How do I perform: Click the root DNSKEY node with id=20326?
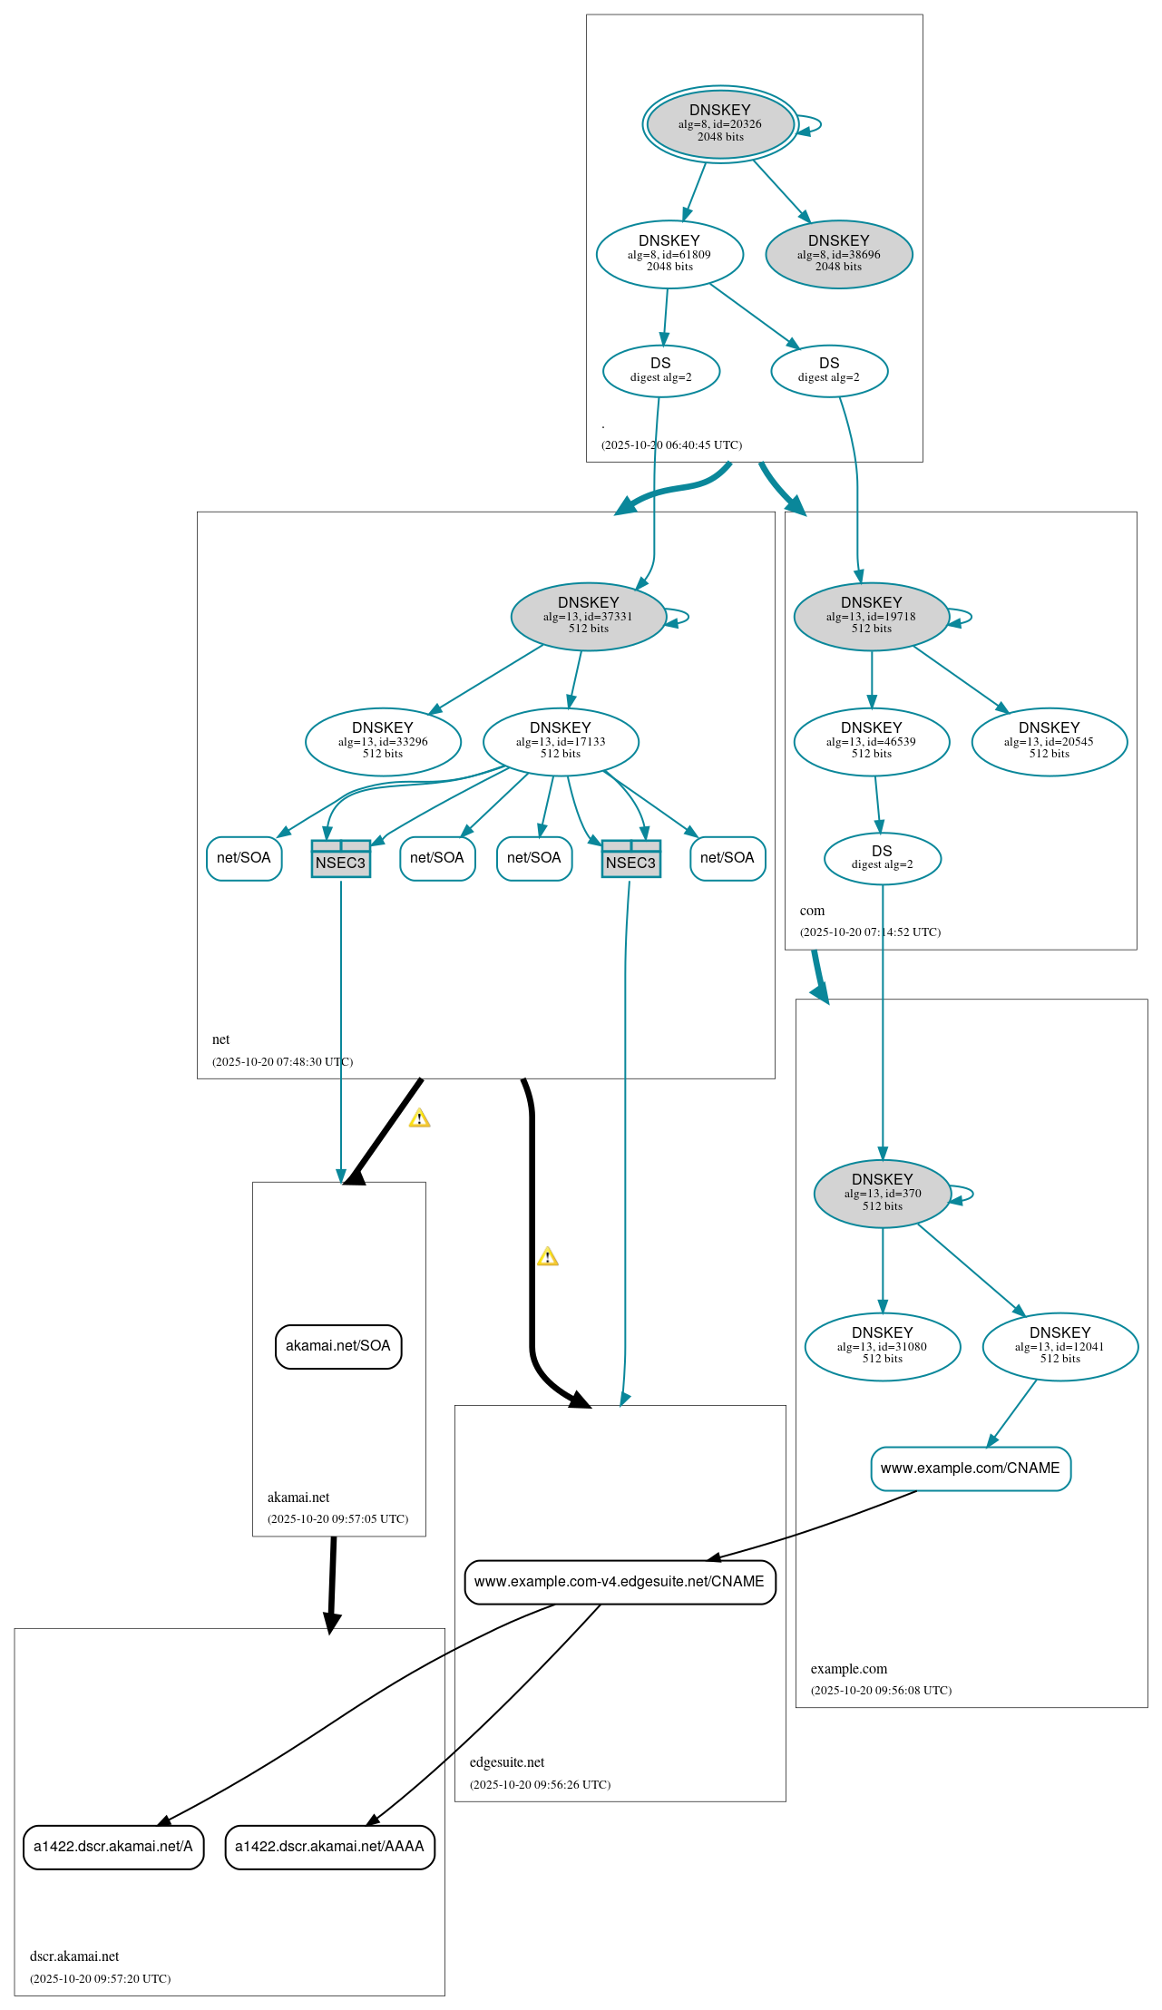click(x=720, y=124)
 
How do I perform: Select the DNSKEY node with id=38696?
click(x=839, y=254)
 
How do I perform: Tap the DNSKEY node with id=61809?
click(x=669, y=254)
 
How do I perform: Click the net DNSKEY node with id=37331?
click(x=589, y=616)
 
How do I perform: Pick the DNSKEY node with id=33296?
click(x=383, y=741)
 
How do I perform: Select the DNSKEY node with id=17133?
click(x=561, y=741)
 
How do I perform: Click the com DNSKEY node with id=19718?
click(x=871, y=616)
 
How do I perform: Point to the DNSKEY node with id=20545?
click(x=1049, y=741)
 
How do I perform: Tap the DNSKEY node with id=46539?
click(x=871, y=741)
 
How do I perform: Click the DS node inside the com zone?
click(x=882, y=857)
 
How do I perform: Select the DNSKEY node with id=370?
click(x=882, y=1193)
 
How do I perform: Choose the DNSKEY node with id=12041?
click(x=1059, y=1346)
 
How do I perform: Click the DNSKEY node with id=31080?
click(x=882, y=1346)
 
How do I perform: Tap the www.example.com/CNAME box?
click(x=971, y=1468)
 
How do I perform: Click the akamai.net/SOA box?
click(x=338, y=1346)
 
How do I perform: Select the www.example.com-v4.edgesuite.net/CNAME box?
click(x=620, y=1581)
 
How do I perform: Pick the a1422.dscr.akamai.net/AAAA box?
click(x=329, y=1846)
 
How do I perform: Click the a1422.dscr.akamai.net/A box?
click(x=113, y=1846)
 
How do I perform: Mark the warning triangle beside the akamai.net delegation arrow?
click(x=419, y=1118)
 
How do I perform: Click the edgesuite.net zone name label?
click(x=507, y=1761)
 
